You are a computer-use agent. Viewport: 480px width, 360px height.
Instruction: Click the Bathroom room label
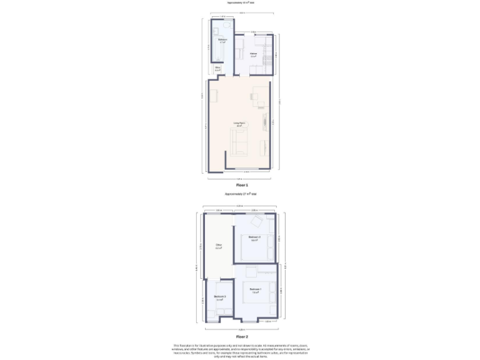[222, 41]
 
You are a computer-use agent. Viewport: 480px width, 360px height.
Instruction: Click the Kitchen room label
[253, 54]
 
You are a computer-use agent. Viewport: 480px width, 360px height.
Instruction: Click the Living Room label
[238, 125]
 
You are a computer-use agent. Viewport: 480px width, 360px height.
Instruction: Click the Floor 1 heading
[241, 185]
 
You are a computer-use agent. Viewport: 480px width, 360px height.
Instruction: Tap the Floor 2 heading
[241, 336]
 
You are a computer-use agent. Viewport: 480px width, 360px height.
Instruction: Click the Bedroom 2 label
[254, 238]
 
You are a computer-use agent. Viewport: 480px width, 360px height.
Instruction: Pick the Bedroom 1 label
[255, 290]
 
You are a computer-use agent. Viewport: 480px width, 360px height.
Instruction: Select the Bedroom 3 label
[219, 297]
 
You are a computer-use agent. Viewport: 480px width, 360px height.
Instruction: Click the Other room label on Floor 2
[219, 246]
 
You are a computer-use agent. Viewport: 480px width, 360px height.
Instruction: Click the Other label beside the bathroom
[217, 68]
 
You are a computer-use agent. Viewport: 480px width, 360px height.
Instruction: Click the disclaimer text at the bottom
[241, 349]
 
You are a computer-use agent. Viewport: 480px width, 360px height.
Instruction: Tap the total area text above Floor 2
[241, 194]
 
